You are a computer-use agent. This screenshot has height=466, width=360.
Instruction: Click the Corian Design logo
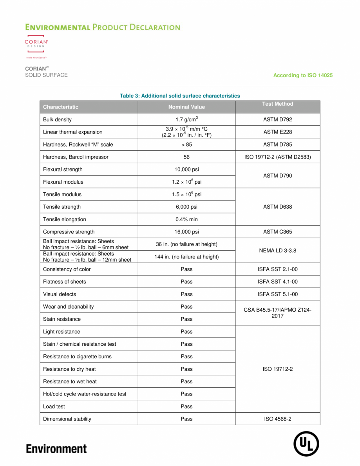pos(36,45)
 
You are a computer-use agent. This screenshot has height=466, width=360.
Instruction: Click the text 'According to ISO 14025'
pos(303,75)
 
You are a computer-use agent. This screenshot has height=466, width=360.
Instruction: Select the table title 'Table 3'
pos(180,96)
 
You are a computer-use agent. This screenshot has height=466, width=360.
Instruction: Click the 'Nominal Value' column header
pos(186,107)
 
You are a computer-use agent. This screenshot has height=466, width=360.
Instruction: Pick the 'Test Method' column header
pos(277,104)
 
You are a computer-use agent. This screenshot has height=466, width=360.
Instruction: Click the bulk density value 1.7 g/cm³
pos(186,119)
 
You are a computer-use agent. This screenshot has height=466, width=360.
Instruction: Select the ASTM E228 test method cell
pos(277,132)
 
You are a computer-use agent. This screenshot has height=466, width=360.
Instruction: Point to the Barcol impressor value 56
pos(186,157)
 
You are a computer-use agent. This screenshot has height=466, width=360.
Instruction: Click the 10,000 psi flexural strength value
pos(186,170)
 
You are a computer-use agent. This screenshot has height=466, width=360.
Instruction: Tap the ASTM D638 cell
pos(277,207)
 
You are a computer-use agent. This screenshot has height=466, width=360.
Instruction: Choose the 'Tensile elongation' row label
pos(64,219)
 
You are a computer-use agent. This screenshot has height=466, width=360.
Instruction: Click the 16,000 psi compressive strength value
pos(186,232)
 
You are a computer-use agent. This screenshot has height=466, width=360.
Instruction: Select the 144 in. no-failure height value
pos(186,257)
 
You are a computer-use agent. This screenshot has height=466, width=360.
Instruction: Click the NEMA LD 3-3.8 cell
pos(277,251)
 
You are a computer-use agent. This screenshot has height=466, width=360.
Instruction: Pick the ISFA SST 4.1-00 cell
pos(277,282)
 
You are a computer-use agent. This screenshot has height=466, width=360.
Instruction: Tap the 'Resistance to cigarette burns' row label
pos(77,356)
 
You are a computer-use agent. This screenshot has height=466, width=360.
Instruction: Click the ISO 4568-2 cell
pos(277,419)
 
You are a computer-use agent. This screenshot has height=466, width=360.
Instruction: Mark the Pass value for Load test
pos(186,406)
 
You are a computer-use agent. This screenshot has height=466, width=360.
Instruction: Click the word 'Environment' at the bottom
pos(56,448)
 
